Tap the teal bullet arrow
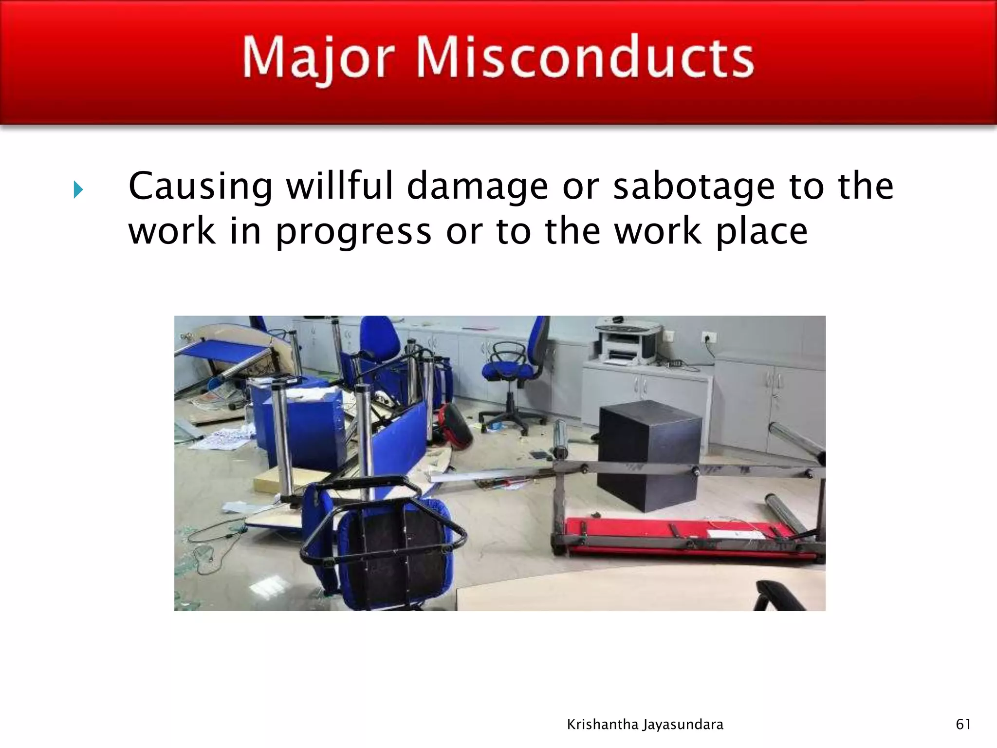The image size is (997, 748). (78, 189)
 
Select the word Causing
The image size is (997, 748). (201, 187)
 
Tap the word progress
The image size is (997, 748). (353, 233)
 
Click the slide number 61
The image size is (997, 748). (963, 724)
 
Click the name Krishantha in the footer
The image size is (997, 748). (603, 725)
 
